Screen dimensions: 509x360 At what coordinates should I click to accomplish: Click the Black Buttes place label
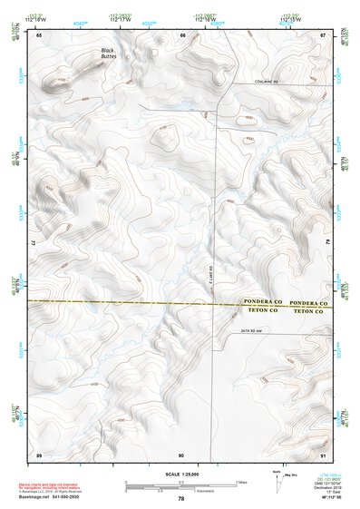(109, 54)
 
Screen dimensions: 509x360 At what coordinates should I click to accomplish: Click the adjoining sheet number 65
(39, 35)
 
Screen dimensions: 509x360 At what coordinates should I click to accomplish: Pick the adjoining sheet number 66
(182, 35)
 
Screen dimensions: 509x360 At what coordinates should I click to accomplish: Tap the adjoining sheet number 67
(323, 35)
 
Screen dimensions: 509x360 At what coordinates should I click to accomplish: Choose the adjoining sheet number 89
(39, 453)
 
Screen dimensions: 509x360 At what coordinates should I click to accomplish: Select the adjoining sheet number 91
(323, 453)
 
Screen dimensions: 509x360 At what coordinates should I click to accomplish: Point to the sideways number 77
(34, 244)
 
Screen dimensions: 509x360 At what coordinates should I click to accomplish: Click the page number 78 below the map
(181, 499)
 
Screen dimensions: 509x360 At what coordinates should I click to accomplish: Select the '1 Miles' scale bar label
(241, 481)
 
